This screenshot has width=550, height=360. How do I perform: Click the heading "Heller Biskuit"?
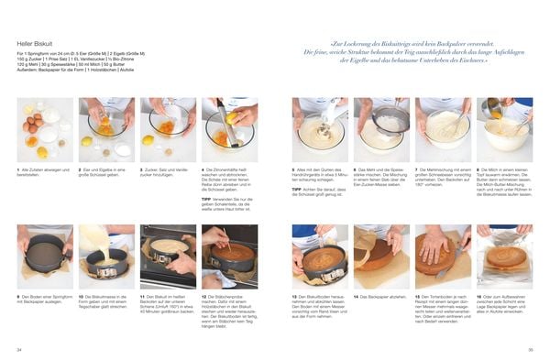34,43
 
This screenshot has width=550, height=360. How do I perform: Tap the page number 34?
19,349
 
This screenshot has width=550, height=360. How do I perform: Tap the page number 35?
530,349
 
